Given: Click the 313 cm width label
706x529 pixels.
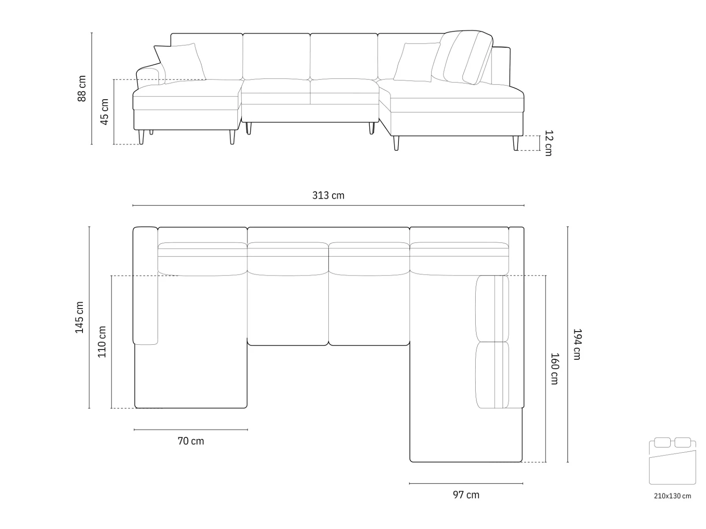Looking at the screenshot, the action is pos(328,195).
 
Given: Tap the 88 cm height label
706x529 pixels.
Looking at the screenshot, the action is pos(82,89).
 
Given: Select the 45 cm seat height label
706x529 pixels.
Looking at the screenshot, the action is pos(105,112).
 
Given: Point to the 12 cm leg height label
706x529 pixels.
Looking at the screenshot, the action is pos(548,143).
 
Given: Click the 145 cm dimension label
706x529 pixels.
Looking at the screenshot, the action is pos(79,317).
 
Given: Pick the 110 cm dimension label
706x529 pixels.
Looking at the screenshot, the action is pos(101,342).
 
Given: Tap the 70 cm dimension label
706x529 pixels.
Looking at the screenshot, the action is pos(191,441).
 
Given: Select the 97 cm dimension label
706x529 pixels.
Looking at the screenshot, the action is pos(466,495).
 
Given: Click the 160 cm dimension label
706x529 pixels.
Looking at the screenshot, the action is pos(555,369).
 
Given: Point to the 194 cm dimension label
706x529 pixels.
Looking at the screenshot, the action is pos(577,344).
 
